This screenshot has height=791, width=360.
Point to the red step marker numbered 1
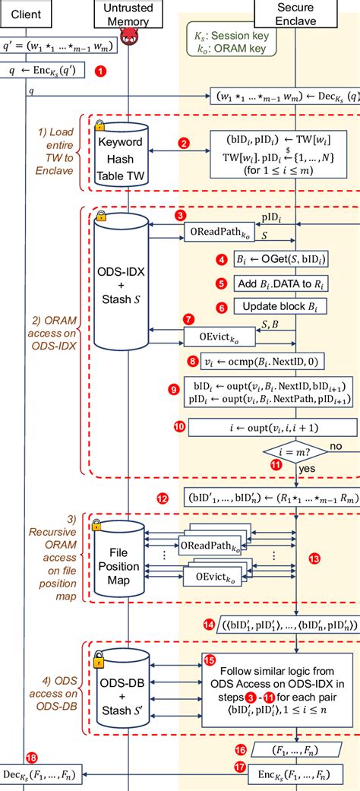pyautogui.click(x=99, y=71)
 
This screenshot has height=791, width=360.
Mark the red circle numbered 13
pyautogui.click(x=314, y=558)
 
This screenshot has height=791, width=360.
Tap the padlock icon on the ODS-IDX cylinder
pyautogui.click(x=100, y=217)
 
